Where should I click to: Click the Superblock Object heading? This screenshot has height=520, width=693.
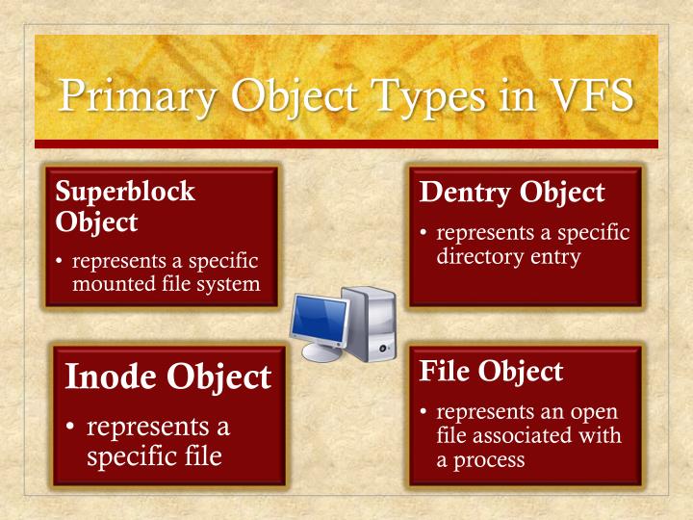[x=125, y=206]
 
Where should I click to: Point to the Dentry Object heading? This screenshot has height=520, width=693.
[x=512, y=193]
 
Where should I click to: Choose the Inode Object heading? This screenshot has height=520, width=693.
[x=167, y=377]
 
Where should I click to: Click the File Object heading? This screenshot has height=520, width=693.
[x=491, y=371]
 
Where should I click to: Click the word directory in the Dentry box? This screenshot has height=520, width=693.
[x=476, y=257]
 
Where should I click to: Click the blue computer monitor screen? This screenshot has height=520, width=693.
[x=320, y=316]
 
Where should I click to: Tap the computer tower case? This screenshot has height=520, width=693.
[x=371, y=323]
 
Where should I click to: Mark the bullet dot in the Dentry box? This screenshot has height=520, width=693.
[x=424, y=234]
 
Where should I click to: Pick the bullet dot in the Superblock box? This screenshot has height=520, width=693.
[x=60, y=262]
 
